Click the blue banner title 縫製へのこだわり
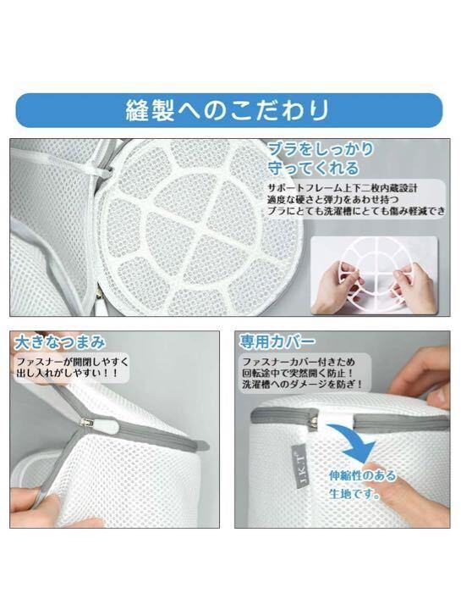(x=228, y=110)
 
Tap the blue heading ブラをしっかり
(x=321, y=149)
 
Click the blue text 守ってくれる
(x=314, y=168)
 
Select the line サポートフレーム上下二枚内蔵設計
(x=343, y=188)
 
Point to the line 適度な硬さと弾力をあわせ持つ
(x=332, y=200)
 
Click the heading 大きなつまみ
(x=60, y=342)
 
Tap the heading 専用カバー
(x=277, y=341)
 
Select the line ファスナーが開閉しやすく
(x=72, y=362)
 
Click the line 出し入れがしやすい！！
(x=67, y=374)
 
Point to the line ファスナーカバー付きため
(x=299, y=362)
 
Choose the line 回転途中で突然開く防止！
(x=298, y=373)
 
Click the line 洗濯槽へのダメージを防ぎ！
(x=303, y=385)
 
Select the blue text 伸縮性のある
(x=362, y=475)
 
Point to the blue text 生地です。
(x=354, y=494)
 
